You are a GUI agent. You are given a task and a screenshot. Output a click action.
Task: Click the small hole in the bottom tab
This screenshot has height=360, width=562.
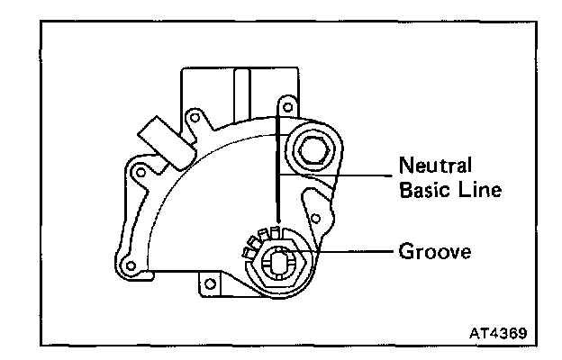(210, 285)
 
